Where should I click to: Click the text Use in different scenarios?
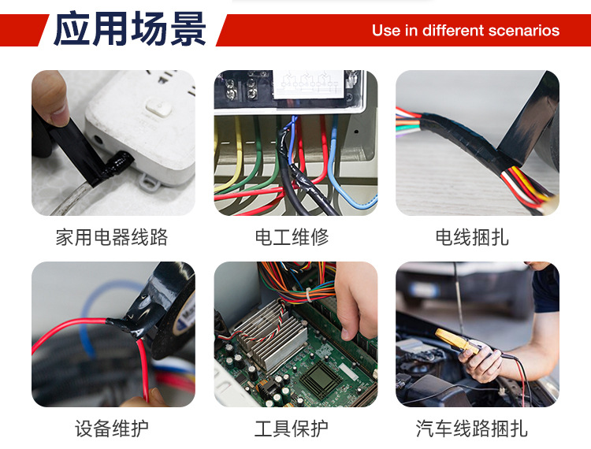pyautogui.click(x=465, y=31)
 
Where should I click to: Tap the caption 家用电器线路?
pyautogui.click(x=112, y=237)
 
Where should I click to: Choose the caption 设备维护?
pyautogui.click(x=112, y=429)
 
